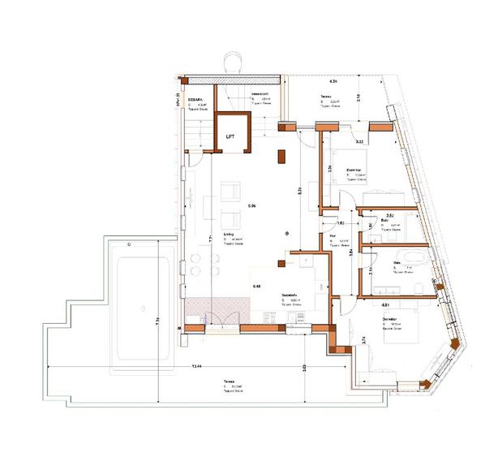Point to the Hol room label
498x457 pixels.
[333, 235]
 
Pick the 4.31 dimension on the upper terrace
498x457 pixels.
[333, 83]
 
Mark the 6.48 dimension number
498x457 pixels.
[257, 287]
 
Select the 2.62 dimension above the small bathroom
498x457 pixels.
[389, 215]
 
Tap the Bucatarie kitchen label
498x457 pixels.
[291, 295]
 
